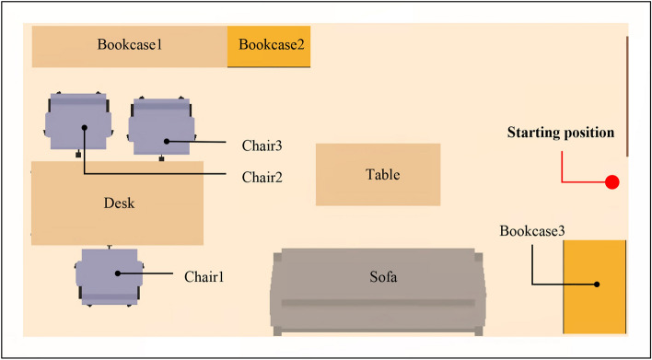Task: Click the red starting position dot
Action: (611, 182)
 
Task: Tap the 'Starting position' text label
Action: (560, 133)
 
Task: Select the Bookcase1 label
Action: (129, 44)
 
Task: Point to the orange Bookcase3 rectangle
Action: (595, 287)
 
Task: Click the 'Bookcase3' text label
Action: (531, 229)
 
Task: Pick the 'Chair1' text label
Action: (204, 274)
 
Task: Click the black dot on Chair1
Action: (117, 273)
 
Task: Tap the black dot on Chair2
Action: (84, 128)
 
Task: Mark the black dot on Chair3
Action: (166, 141)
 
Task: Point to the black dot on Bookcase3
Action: (596, 285)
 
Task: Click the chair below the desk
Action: (108, 276)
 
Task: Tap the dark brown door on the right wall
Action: (627, 96)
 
